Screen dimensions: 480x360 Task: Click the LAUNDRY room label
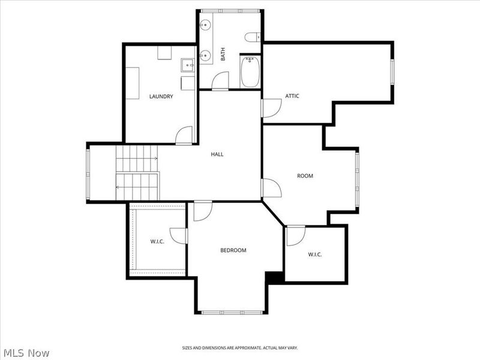(161, 97)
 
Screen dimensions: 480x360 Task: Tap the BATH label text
(223, 54)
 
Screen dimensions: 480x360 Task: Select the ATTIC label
(292, 96)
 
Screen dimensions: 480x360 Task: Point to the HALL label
(217, 154)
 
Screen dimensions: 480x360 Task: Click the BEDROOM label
(233, 250)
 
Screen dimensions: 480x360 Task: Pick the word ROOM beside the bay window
(305, 176)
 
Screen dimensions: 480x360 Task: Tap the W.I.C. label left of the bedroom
(157, 242)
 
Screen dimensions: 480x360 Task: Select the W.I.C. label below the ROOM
(314, 254)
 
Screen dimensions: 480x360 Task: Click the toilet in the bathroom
(253, 37)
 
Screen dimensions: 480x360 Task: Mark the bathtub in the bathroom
(250, 72)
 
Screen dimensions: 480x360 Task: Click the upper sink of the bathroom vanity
(205, 24)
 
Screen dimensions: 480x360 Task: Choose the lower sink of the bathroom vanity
(205, 55)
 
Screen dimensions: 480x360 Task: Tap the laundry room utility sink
(187, 65)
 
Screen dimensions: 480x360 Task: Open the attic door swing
(272, 108)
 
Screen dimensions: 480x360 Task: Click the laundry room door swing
(184, 135)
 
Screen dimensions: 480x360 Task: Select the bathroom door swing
(220, 81)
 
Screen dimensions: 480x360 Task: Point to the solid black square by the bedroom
(275, 277)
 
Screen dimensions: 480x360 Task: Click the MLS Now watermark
(25, 353)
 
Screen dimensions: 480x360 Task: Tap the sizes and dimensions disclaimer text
(239, 348)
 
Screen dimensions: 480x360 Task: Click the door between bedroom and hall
(203, 211)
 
